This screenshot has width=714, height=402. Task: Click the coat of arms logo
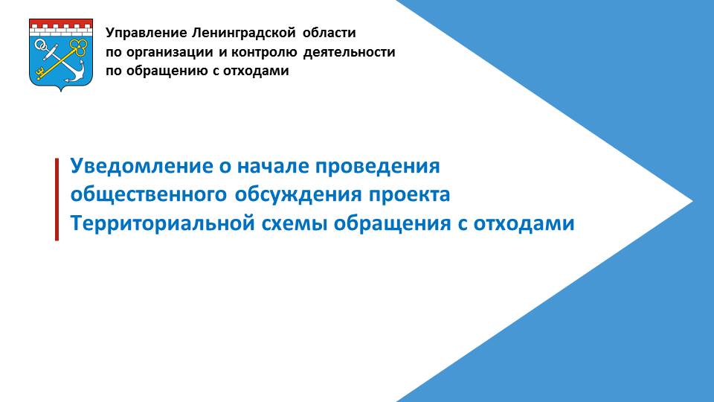pos(61,54)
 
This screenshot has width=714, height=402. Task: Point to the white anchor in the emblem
pos(60,62)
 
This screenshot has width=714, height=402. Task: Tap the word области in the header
pos(329,33)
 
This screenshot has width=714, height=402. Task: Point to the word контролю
pos(264,52)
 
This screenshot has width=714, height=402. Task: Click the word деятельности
pos(350,52)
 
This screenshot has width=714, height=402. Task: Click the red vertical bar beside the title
pos(57,200)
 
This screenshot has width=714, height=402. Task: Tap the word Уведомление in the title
pos(141,166)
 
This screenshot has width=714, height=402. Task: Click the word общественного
pos(149,195)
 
